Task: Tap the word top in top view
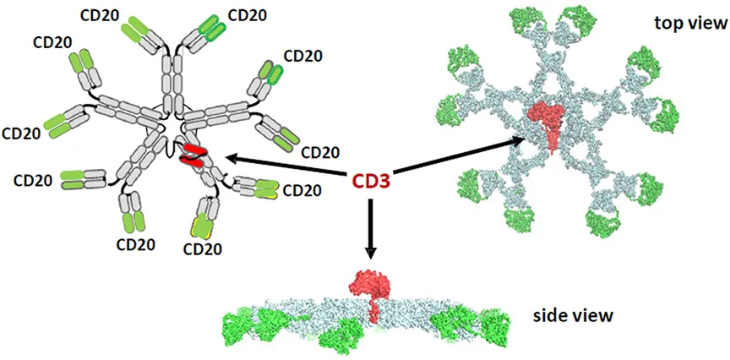tap(669, 24)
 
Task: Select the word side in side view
tap(550, 316)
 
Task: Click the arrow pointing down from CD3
tap(370, 229)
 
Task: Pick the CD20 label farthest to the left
tap(21, 133)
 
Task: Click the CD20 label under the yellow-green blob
tap(202, 248)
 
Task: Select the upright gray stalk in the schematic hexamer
tap(171, 83)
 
